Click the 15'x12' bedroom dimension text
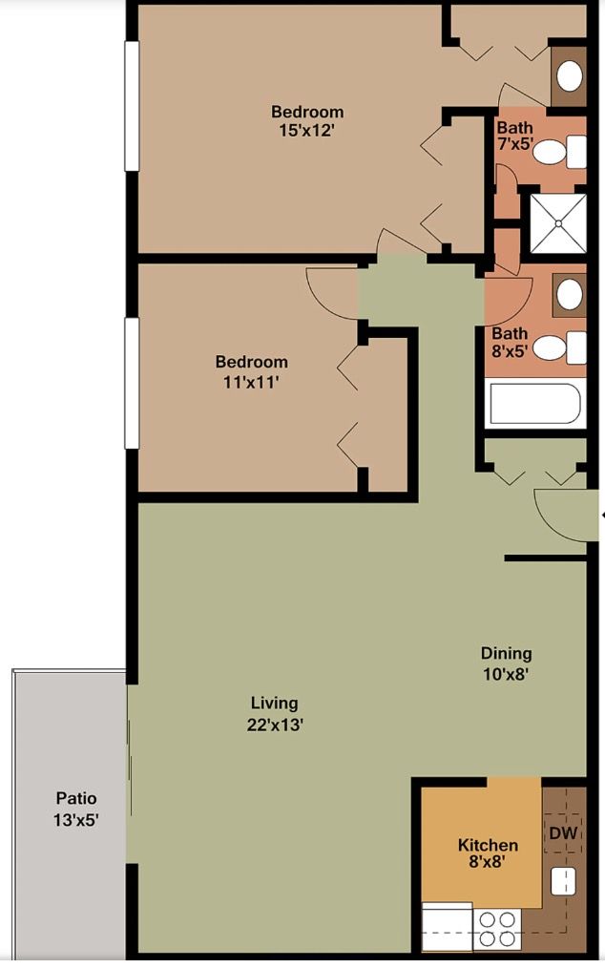[x=307, y=131]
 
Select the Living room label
[x=275, y=705]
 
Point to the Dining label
[x=506, y=654]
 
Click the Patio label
[x=75, y=798]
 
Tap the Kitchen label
[x=488, y=845]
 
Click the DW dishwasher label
[x=563, y=833]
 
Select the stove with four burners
[x=496, y=928]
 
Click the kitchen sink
[x=562, y=881]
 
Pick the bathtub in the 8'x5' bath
[x=533, y=403]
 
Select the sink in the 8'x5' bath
[x=570, y=294]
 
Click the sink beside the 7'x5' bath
[x=570, y=75]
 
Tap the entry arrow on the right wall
[x=601, y=516]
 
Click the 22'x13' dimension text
[x=275, y=725]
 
